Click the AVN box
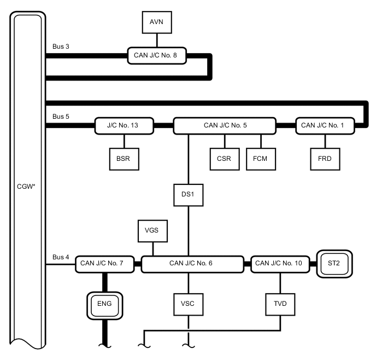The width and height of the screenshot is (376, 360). [157, 22]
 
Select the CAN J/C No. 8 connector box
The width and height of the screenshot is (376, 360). [160, 55]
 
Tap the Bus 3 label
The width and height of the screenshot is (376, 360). [61, 47]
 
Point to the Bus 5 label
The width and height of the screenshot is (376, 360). [61, 117]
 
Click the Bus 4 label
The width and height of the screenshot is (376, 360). [61, 256]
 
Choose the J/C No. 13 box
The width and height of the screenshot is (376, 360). [124, 125]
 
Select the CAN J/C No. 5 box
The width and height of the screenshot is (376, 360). [225, 125]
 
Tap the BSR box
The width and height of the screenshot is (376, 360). [123, 159]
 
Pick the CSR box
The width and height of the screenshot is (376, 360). [224, 159]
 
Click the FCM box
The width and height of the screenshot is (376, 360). [260, 159]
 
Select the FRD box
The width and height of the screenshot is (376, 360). [324, 159]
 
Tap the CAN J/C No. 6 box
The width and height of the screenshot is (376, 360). [191, 263]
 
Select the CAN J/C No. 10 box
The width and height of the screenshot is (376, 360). [278, 263]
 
